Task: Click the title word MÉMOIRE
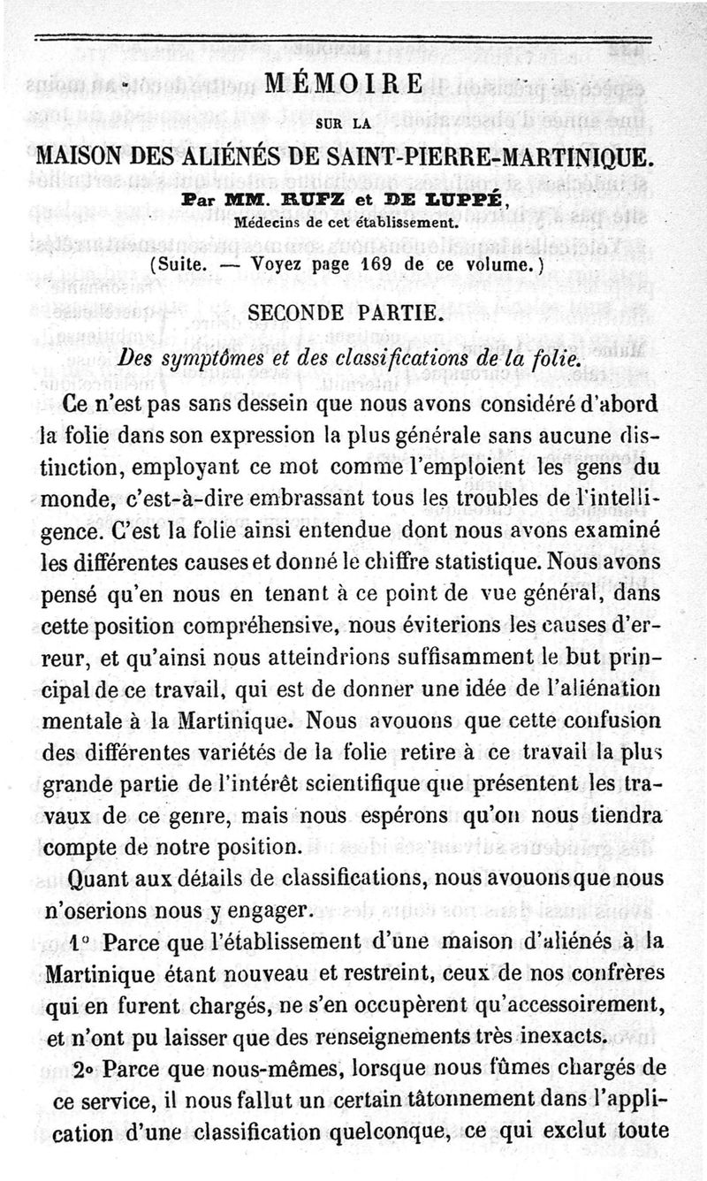click(353, 86)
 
